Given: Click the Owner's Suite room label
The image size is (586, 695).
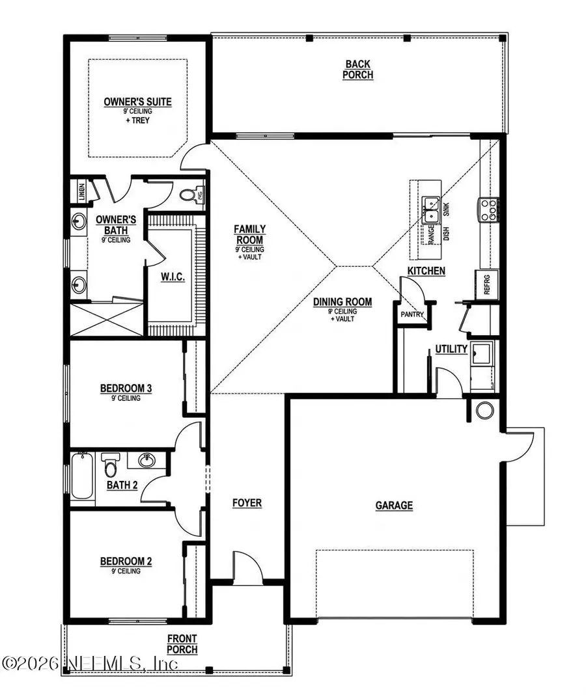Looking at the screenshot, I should coord(137,102).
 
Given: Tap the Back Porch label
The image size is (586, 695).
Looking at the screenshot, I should coord(358,69).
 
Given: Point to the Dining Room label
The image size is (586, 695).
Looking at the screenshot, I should coord(342,302).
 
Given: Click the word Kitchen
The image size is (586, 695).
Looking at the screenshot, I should coord(426,270).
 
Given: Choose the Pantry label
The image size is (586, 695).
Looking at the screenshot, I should coord(412,315).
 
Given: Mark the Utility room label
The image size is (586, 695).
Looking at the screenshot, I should coord(451,349).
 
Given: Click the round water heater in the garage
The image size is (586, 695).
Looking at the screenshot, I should coord(484,410).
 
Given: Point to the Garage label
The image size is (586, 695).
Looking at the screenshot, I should coord(394,505).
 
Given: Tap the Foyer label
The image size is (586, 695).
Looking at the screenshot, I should coord(247,503).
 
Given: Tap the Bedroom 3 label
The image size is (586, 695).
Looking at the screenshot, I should coord(126,389).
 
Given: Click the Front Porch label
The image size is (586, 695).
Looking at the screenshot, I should coord(182,644).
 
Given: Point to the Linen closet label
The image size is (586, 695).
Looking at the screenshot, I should coord(76,191).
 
